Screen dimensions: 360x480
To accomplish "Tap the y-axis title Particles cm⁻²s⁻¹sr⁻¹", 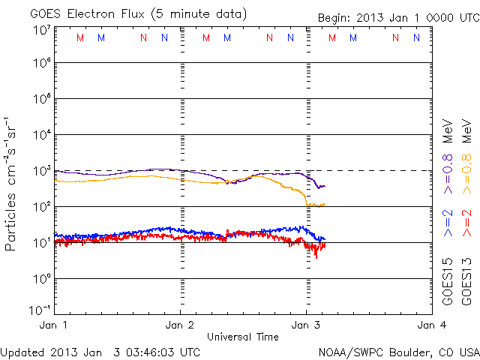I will (x=12, y=184).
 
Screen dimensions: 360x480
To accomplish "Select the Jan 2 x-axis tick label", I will (x=180, y=325).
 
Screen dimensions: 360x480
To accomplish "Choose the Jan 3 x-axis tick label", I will (x=305, y=325).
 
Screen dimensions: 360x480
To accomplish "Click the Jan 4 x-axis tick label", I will (x=430, y=325).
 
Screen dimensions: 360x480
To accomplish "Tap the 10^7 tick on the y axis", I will (x=41, y=31).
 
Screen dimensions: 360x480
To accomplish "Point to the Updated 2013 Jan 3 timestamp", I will (x=100, y=351).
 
